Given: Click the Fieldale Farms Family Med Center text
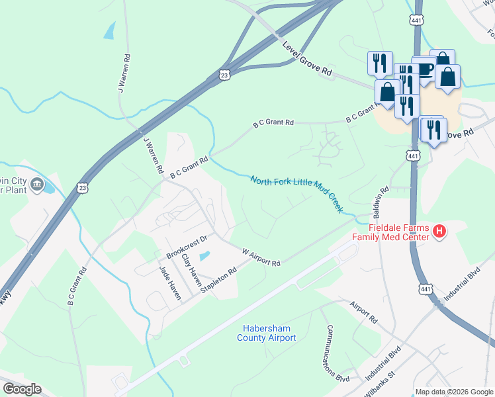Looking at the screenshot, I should pyautogui.click(x=391, y=232).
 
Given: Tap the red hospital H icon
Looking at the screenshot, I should pyautogui.click(x=440, y=231).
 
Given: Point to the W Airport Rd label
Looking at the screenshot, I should pyautogui.click(x=261, y=257).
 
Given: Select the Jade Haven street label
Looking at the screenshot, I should pyautogui.click(x=169, y=283).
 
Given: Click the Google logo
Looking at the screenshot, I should pyautogui.click(x=22, y=389).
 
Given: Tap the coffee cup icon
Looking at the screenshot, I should pyautogui.click(x=424, y=69).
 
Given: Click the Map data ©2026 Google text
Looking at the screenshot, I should pyautogui.click(x=453, y=392).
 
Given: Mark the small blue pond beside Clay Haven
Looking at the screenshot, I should pyautogui.click(x=204, y=256).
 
